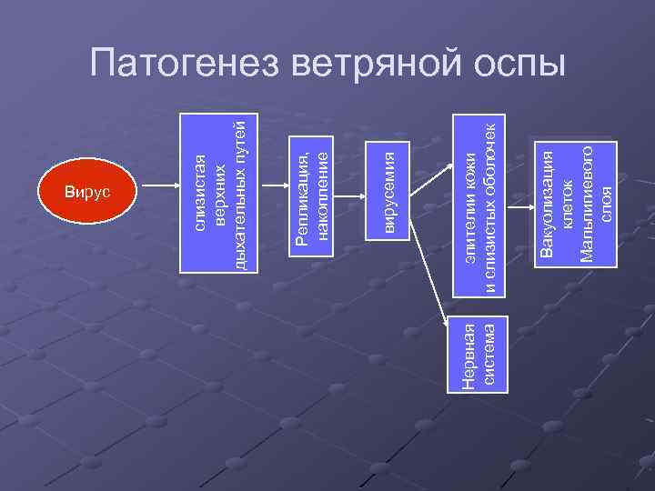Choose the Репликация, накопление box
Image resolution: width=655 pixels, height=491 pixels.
[312, 188]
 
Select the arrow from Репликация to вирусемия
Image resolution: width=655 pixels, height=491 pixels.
[351, 189]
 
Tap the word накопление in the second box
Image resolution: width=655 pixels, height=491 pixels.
[321, 188]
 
